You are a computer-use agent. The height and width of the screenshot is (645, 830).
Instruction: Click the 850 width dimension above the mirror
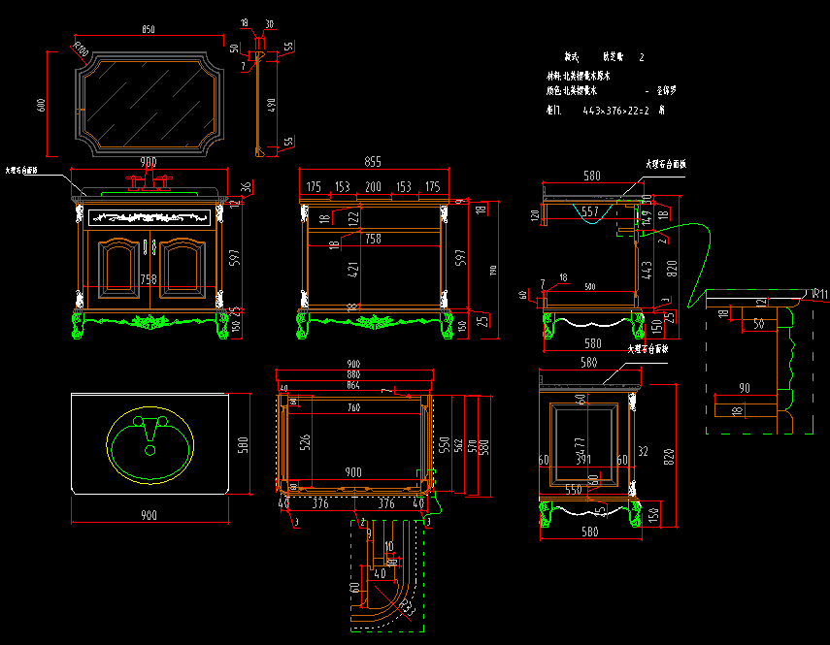(x=149, y=30)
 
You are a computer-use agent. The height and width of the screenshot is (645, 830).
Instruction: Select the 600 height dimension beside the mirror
(x=41, y=105)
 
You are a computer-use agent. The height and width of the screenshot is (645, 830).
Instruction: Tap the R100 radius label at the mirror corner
(x=81, y=48)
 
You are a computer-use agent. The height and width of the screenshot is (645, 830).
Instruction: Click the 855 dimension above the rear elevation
(x=373, y=161)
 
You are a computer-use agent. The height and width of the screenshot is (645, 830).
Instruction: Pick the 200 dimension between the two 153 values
(x=373, y=186)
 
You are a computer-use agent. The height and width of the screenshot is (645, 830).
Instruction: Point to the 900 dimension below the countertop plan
(x=149, y=514)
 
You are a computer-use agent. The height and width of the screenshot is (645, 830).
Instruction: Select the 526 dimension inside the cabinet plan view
(x=306, y=442)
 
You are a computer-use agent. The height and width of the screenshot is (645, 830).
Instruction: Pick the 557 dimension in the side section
(x=589, y=210)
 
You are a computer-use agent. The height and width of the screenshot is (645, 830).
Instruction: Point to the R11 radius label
(x=820, y=294)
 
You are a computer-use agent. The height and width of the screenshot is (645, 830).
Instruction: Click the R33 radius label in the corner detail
(x=406, y=608)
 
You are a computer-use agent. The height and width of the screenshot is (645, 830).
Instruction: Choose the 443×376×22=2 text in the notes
(x=616, y=111)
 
